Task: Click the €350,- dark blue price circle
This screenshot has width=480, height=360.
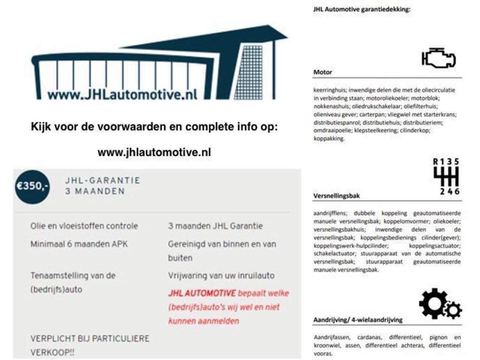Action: coord(32,186)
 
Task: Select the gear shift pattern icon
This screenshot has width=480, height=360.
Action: coord(446,177)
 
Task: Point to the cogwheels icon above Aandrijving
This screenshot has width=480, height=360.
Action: coord(440,304)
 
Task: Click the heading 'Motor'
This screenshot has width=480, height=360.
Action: coord(322,72)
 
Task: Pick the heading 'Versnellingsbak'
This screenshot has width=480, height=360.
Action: coord(336,195)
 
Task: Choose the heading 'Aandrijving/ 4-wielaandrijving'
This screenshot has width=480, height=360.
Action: coord(357,320)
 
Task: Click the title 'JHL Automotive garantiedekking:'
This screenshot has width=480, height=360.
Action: coord(361,9)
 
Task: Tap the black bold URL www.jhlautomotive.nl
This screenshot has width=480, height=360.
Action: coord(154,152)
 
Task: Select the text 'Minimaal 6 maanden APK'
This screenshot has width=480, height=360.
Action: coord(79,244)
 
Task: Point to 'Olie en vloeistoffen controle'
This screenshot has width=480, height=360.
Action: coord(84,226)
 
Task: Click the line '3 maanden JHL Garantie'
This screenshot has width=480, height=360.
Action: coord(215,226)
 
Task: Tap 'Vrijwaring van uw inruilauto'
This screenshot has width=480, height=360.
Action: coord(221,276)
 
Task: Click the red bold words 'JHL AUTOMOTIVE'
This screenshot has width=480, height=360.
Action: coord(202,293)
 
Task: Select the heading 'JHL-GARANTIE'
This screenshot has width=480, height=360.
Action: coord(102,180)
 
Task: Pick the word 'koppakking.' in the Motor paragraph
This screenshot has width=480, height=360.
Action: coord(328,138)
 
